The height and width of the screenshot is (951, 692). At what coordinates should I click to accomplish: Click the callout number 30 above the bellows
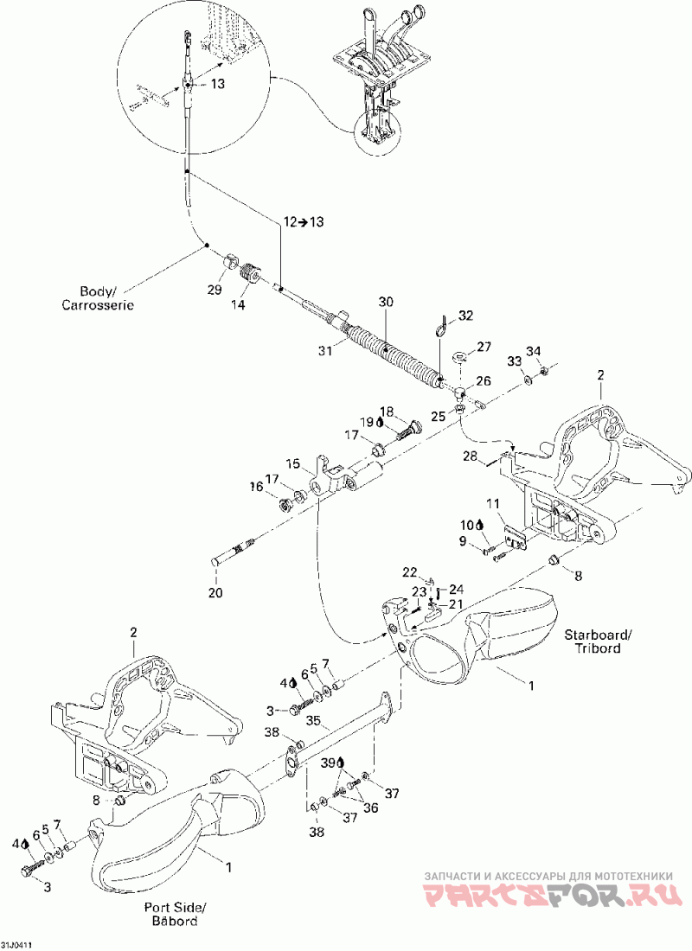tap(386, 302)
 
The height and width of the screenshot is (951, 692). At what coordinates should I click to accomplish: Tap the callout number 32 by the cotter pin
tap(465, 316)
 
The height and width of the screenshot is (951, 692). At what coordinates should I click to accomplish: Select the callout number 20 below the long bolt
tap(215, 592)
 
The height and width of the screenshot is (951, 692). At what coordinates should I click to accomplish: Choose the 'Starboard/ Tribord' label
tap(599, 641)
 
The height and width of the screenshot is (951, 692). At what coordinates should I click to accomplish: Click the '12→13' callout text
tap(304, 222)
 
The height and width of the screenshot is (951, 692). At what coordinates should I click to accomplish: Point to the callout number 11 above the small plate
tap(492, 503)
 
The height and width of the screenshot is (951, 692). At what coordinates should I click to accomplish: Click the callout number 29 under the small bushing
tap(215, 290)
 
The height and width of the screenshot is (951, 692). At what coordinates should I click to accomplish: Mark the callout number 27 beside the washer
tap(484, 347)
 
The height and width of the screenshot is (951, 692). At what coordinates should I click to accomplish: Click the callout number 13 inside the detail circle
tap(217, 84)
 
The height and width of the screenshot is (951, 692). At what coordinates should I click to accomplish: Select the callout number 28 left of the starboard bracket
tap(471, 456)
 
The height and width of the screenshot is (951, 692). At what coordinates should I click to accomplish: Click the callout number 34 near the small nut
tap(533, 351)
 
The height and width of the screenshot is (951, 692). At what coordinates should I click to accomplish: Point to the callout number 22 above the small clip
tap(410, 572)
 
